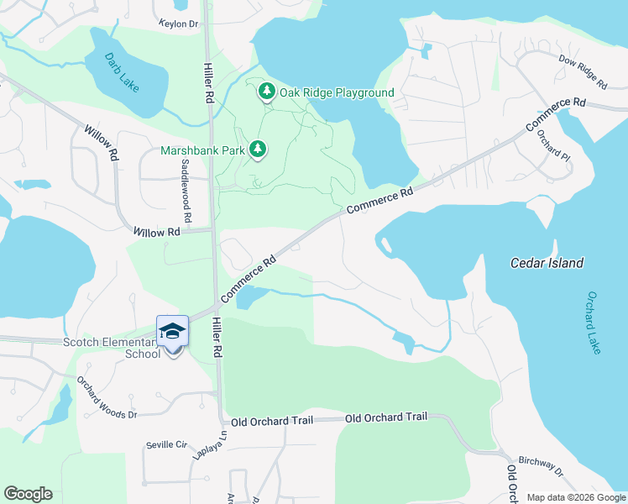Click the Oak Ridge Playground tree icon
(x=267, y=92)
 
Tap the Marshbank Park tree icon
(x=259, y=150)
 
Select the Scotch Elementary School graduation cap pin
(x=172, y=333)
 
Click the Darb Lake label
(x=122, y=73)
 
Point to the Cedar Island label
(x=547, y=263)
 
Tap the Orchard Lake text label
(x=594, y=323)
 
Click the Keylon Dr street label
(x=178, y=24)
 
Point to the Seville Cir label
(x=165, y=444)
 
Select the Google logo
(x=28, y=494)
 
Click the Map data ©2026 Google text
(x=575, y=497)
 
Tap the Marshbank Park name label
(x=201, y=151)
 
